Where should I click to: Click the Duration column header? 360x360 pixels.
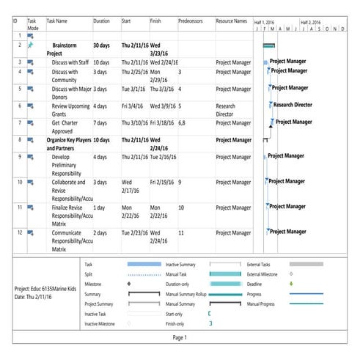(x=102, y=21)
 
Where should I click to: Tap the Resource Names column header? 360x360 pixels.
(x=231, y=21)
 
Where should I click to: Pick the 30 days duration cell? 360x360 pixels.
(x=103, y=45)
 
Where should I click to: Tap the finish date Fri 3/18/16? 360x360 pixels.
(x=164, y=122)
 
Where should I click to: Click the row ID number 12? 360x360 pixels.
(x=20, y=232)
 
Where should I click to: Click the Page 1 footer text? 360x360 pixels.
(x=180, y=337)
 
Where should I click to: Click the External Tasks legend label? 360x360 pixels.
(x=259, y=263)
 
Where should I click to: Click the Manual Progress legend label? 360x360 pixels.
(x=260, y=304)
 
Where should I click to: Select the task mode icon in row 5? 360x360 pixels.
(x=31, y=89)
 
